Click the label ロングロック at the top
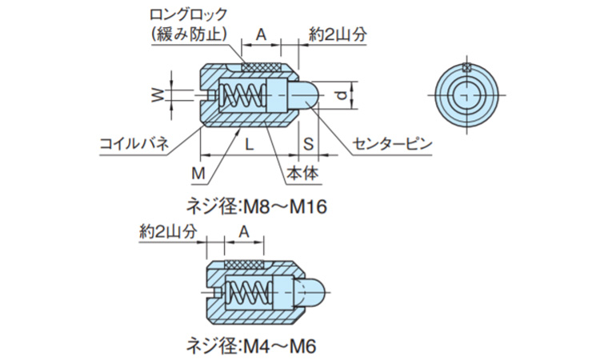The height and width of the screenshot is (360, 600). (189, 15)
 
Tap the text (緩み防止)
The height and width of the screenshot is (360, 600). (189, 34)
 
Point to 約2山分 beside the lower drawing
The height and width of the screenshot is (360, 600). (167, 231)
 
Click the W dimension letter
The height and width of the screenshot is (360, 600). (158, 95)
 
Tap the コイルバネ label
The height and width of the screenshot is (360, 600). (134, 144)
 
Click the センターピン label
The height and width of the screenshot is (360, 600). (391, 145)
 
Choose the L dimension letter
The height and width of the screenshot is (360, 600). (249, 145)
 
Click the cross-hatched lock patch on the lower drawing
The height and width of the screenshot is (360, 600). (245, 265)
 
